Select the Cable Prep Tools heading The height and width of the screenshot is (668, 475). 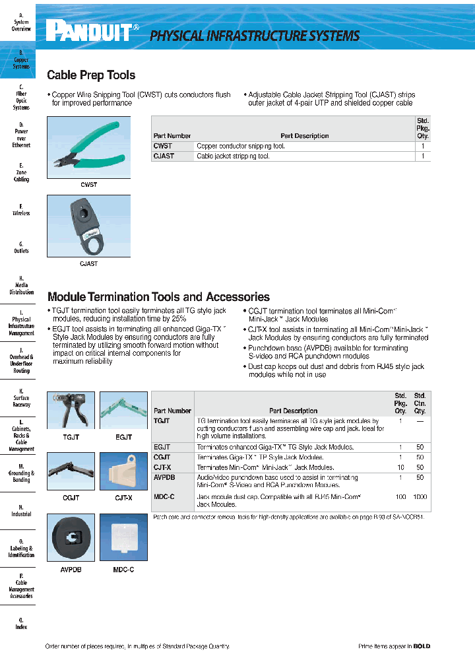coord(91,75)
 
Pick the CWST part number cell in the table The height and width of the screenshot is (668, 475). coord(163,146)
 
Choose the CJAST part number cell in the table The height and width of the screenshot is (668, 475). coord(164,156)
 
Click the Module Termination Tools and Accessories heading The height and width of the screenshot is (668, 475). coord(158,297)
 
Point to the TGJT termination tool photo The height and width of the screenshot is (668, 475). coord(71,411)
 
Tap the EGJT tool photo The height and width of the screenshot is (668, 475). coord(123,411)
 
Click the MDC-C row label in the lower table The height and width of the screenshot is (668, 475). coord(164,496)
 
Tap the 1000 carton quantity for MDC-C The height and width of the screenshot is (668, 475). coord(420,496)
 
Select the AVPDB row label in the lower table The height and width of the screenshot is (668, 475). coord(164,477)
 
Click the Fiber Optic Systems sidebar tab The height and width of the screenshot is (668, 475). coord(21,97)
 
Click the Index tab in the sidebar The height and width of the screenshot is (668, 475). coord(21,624)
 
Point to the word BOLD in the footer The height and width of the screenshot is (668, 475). coord(422,646)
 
